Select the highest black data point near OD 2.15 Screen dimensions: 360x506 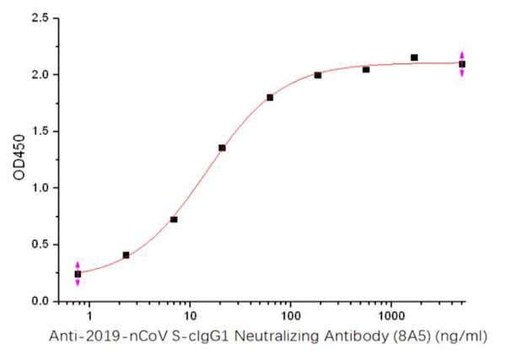pos(414,57)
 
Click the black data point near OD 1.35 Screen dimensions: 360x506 pos(222,148)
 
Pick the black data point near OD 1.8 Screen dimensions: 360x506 pos(270,97)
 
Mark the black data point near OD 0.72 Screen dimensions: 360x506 pos(174,219)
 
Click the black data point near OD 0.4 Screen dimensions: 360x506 pos(126,255)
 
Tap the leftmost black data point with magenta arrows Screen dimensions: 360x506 pos(78,274)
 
